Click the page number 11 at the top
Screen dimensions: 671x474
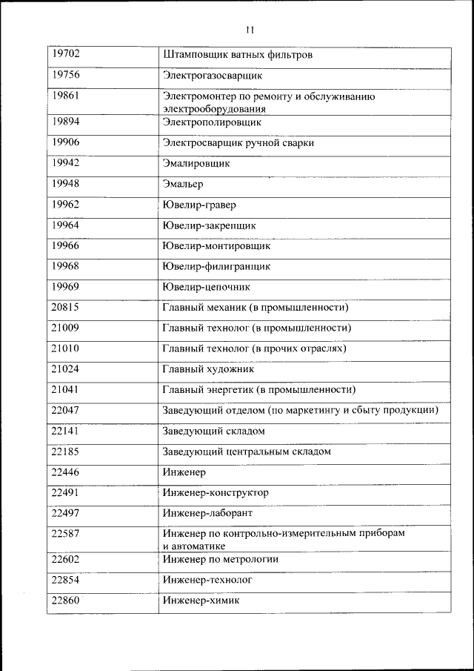pos(249,30)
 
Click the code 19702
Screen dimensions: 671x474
pos(66,54)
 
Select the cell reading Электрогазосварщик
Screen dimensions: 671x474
pos(213,76)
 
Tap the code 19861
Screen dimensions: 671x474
pos(66,96)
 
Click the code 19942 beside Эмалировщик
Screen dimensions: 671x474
pos(66,162)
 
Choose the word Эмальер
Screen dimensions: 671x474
pos(182,184)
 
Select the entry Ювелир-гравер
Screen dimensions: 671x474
pos(199,205)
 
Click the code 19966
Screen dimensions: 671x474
pos(66,245)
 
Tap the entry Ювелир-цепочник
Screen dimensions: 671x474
pos(207,286)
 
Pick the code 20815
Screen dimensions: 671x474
pos(66,306)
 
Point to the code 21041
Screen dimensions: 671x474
pos(66,389)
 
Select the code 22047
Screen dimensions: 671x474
pos(66,409)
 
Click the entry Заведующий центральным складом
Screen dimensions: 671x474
pos(246,451)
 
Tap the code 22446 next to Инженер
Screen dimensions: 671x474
pos(66,471)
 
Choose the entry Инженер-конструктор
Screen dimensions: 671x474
pos(216,492)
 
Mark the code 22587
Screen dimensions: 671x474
pos(66,533)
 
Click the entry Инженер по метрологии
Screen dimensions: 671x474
pos(220,559)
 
